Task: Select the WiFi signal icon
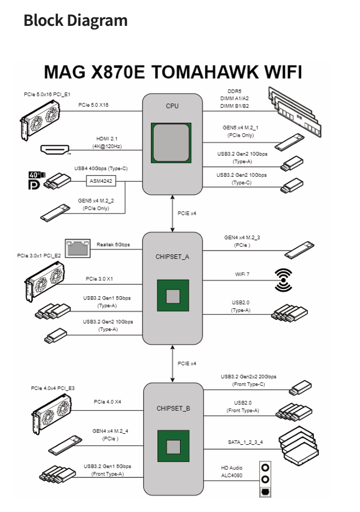click(x=283, y=280)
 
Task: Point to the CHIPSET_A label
click(x=173, y=257)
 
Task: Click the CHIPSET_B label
click(x=173, y=408)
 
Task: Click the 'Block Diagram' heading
click(x=75, y=21)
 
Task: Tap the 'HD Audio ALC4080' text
click(x=231, y=472)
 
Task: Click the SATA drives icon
click(x=297, y=441)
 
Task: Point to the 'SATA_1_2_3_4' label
click(x=245, y=442)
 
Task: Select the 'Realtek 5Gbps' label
click(x=113, y=244)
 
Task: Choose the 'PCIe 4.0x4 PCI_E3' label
click(x=53, y=388)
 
